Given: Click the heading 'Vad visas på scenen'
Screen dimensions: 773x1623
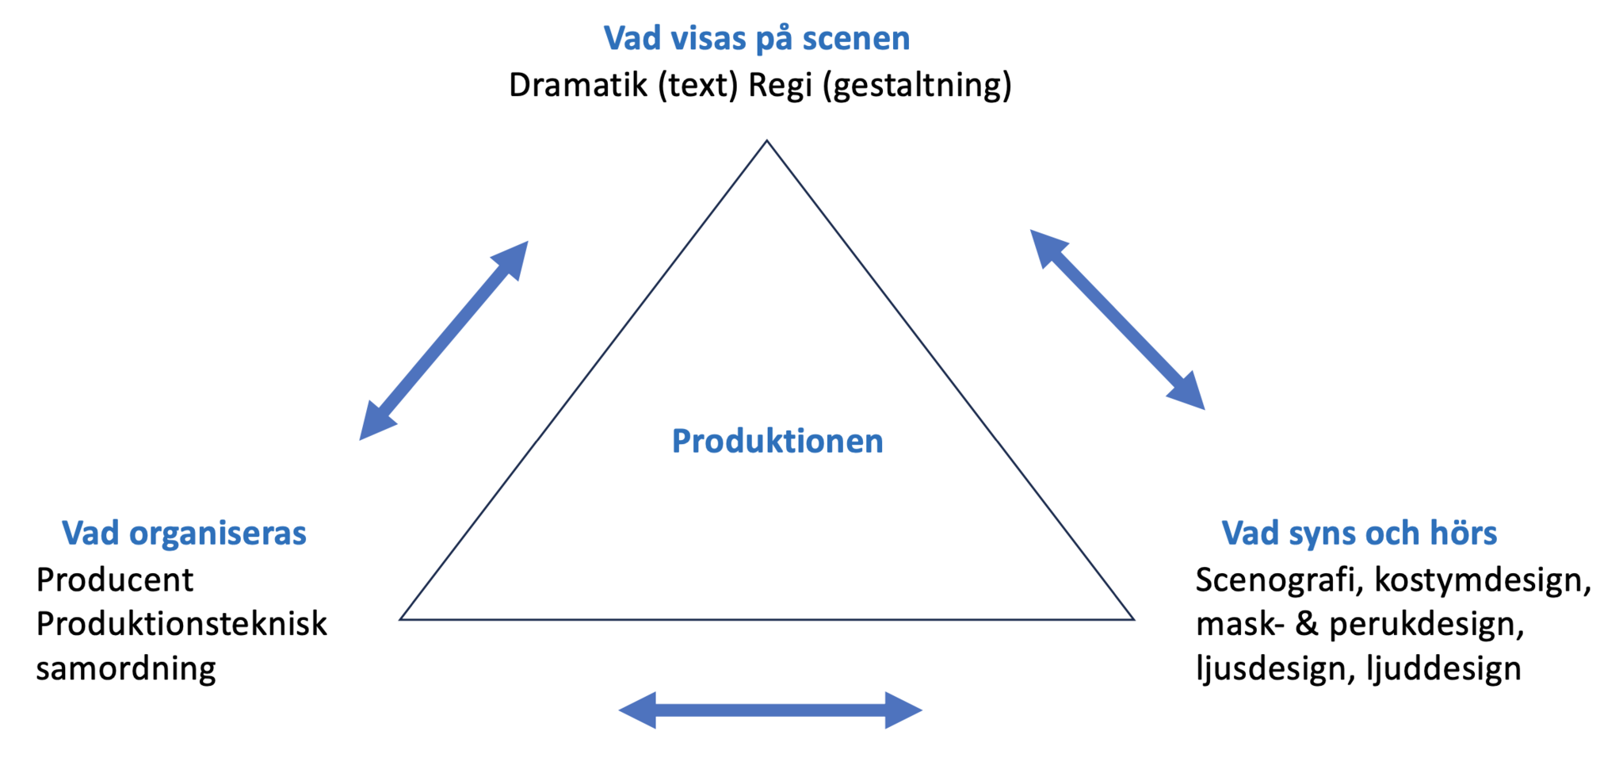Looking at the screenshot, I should (757, 38).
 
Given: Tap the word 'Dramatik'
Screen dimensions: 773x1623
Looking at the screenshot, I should (578, 86).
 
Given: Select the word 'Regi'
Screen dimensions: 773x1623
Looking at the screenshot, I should (780, 86).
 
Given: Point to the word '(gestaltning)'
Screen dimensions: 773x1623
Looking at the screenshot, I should (917, 86).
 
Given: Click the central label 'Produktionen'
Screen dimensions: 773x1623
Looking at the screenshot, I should (777, 441).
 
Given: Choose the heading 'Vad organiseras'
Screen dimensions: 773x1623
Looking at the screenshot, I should (184, 533).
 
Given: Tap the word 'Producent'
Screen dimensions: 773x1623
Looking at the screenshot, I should (115, 580).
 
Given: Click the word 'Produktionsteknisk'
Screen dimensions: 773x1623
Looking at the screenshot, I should (181, 624).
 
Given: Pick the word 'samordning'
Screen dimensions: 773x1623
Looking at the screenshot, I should (126, 668).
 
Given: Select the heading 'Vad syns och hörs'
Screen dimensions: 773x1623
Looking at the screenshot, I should (1359, 533).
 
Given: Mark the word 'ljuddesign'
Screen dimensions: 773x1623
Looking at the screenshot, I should (1444, 668).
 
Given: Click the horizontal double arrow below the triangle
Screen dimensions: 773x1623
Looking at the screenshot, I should (770, 710).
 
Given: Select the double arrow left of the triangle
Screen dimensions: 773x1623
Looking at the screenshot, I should (444, 341).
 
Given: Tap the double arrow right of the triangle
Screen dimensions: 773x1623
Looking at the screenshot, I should (1117, 320).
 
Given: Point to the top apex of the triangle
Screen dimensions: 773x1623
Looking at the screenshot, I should (766, 142).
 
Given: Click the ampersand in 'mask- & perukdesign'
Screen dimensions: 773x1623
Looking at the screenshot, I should (1307, 624).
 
